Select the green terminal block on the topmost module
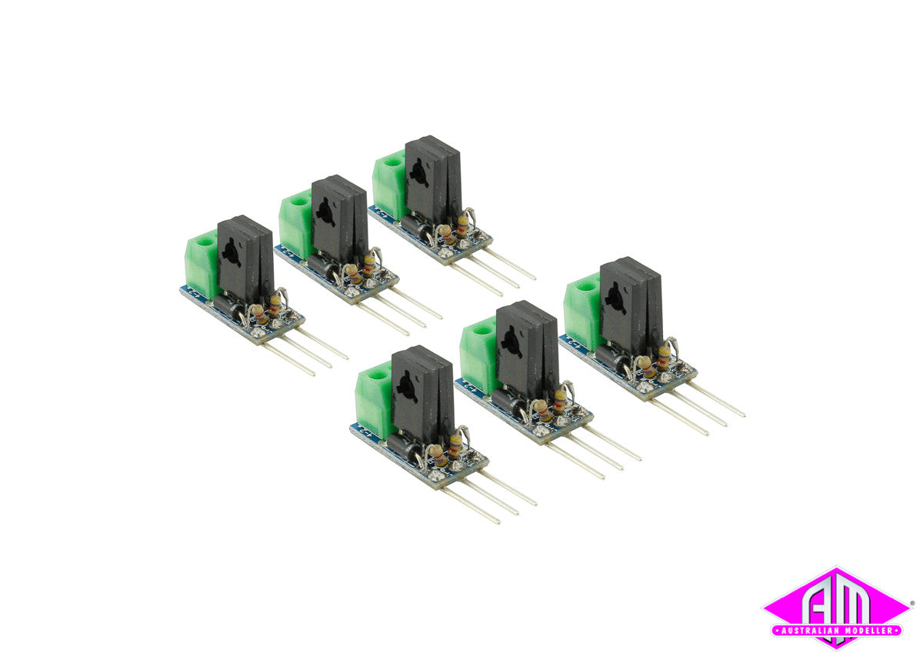point(388,185)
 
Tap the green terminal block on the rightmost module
point(582,309)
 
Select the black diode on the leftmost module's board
point(228,307)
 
